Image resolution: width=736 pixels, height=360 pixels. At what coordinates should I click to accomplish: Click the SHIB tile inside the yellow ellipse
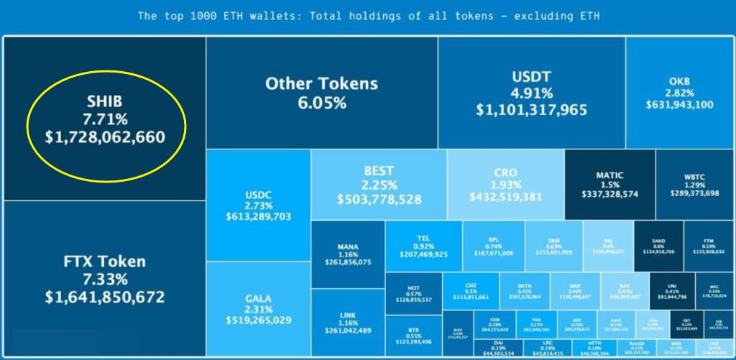point(106,118)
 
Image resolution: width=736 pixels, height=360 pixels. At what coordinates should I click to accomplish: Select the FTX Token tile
point(105,279)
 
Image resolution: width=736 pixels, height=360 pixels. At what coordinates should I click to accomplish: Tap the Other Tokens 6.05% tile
point(321,93)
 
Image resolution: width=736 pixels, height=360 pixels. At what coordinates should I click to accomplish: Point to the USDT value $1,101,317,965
point(531,111)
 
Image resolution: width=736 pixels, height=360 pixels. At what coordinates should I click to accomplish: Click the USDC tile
point(258,205)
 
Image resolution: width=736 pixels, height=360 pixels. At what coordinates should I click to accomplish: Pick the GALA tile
point(258,309)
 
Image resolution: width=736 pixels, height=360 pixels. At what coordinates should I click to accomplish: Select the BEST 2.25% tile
point(379,185)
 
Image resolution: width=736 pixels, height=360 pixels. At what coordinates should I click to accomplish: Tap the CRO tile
point(505,185)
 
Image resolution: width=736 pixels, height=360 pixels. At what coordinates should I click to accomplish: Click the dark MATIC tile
point(609,185)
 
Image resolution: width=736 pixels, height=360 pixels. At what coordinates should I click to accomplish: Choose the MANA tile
point(348,255)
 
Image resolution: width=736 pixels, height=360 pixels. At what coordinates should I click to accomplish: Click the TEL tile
point(423,246)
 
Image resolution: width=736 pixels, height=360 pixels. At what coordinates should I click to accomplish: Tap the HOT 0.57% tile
point(413,293)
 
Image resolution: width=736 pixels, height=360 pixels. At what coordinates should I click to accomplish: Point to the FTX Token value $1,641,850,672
point(105,297)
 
